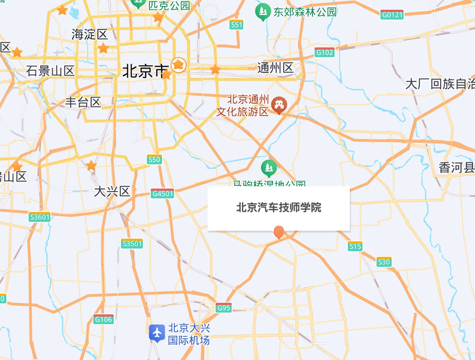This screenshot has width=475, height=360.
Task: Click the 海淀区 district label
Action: point(90,35)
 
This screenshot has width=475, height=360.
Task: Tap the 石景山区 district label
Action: point(50,71)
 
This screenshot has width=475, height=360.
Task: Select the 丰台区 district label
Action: point(83,102)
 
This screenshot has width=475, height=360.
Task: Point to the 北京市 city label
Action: point(145,71)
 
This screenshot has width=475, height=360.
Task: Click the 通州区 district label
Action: point(275,68)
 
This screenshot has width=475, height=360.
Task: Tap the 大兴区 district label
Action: point(112,191)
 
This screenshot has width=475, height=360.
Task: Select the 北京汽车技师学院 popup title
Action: point(279,207)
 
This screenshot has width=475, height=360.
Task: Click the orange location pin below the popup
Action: point(279,232)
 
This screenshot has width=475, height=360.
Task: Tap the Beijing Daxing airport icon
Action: point(157,333)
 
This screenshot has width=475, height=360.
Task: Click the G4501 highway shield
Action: point(163,194)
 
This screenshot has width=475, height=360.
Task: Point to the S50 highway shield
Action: point(154,159)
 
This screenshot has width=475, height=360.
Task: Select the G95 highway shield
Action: point(223,308)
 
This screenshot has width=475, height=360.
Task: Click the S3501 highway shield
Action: point(132,244)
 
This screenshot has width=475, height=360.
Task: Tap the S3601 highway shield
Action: point(40,217)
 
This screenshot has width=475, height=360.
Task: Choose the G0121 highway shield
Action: point(392,15)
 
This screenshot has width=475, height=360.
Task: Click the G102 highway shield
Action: point(324,53)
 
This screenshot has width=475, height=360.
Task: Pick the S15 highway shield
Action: point(355,247)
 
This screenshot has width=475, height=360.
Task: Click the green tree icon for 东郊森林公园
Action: point(263,12)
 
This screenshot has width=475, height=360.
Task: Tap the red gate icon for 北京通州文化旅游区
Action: point(279,104)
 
